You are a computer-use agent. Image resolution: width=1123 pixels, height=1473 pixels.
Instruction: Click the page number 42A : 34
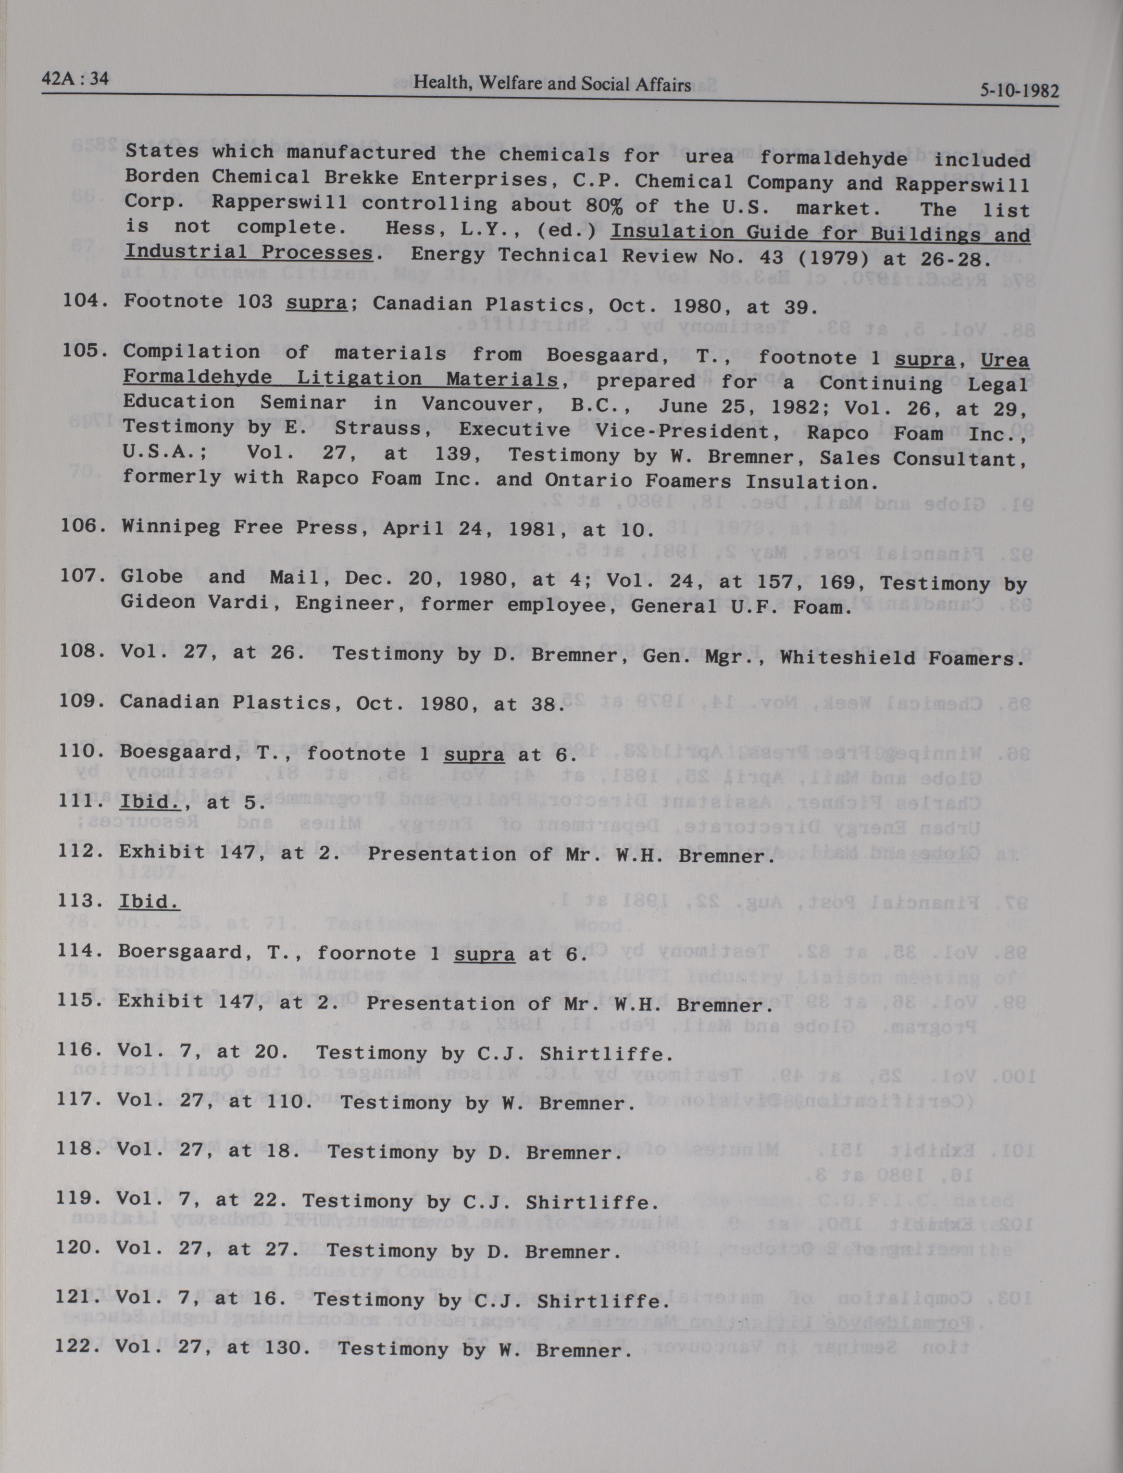tap(75, 79)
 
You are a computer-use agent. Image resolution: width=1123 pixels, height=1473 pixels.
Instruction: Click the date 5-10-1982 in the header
tap(1019, 90)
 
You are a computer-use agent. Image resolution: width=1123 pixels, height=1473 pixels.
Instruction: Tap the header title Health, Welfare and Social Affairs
tap(552, 84)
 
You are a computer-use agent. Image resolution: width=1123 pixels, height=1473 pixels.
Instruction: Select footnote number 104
tap(86, 300)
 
